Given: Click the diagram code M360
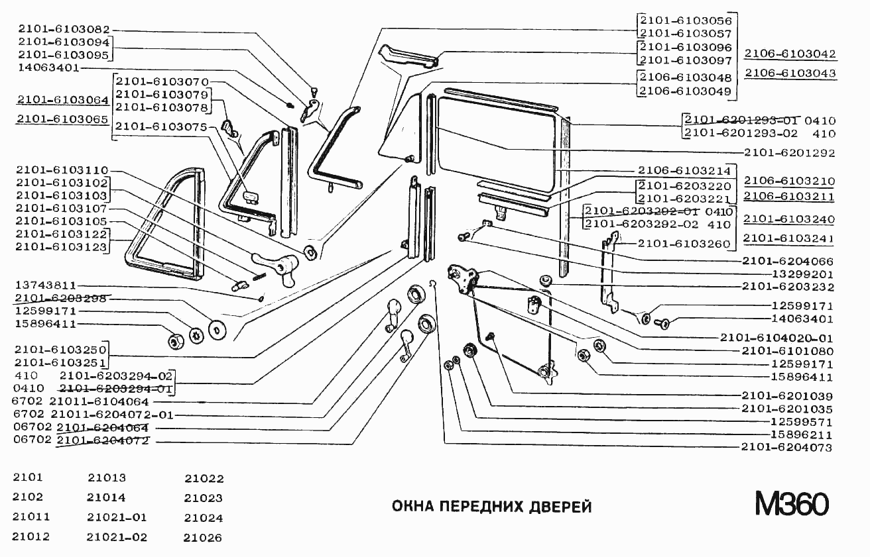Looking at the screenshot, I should click(x=791, y=505).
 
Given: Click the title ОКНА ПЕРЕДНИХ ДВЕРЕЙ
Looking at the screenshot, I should click(x=491, y=507).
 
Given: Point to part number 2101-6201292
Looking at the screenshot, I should click(x=789, y=153).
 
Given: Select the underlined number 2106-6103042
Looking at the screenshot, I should click(x=790, y=54).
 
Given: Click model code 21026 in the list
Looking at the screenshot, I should click(x=203, y=538).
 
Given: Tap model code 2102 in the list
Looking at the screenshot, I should click(x=27, y=497).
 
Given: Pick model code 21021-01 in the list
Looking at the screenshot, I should click(x=117, y=517).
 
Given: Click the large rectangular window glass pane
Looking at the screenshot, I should click(x=497, y=136).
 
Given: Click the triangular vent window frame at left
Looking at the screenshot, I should click(x=166, y=225).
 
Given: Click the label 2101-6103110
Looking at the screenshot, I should click(x=62, y=170).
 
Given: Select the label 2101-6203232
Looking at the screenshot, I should click(x=788, y=287).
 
